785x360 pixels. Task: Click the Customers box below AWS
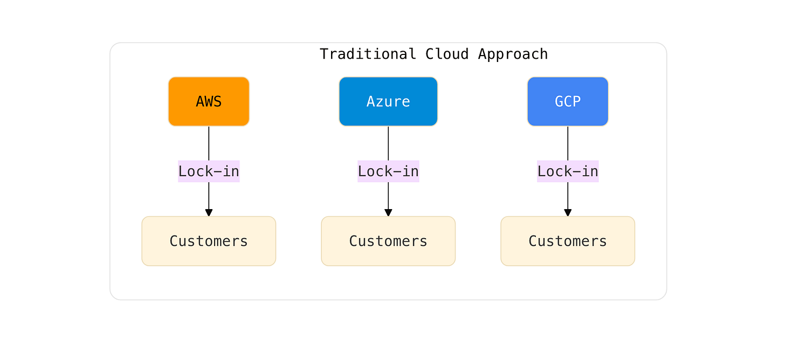(x=209, y=241)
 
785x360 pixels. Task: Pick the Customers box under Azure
(x=388, y=241)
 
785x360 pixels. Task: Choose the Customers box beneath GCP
(x=568, y=241)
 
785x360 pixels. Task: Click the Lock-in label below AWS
(x=209, y=171)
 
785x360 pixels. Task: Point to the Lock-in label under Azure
(x=388, y=171)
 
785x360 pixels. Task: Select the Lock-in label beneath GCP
(x=568, y=171)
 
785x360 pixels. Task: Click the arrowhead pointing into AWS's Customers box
(x=209, y=212)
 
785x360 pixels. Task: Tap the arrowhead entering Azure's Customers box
(x=388, y=212)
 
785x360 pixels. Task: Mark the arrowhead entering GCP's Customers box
(x=568, y=212)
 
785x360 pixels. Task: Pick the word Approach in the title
(x=513, y=54)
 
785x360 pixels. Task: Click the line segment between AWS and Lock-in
(x=209, y=143)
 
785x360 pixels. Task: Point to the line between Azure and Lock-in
(x=388, y=143)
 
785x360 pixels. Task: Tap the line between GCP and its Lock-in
(x=568, y=143)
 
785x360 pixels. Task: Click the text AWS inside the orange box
(x=209, y=101)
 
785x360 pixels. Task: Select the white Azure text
(x=388, y=101)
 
